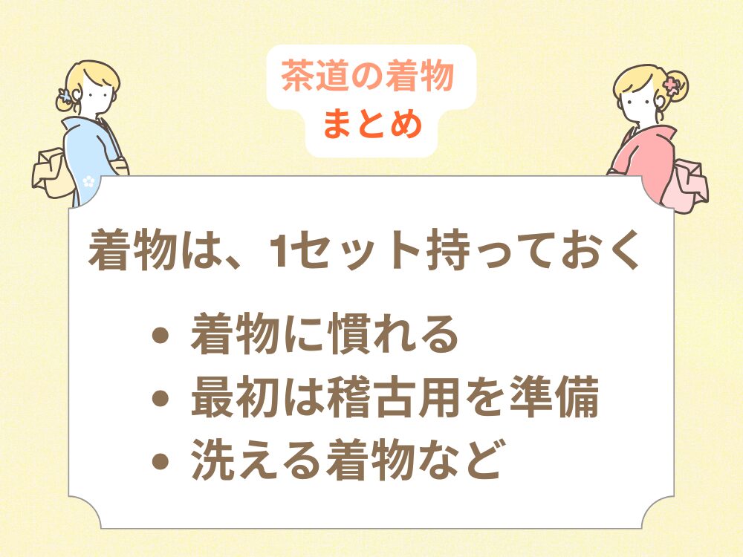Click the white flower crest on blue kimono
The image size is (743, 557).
coord(89,180)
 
